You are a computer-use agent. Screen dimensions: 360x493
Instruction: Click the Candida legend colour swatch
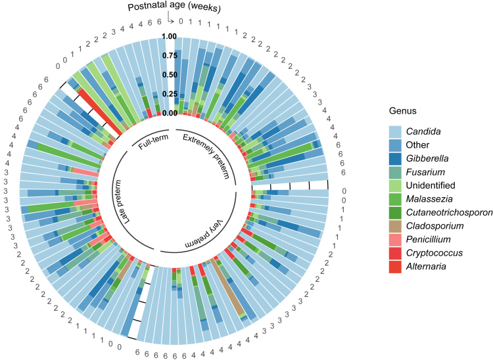pos(394,132)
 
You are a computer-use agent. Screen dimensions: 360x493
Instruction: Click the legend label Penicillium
pos(427,242)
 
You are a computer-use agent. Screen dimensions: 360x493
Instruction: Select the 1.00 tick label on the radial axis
pos(170,37)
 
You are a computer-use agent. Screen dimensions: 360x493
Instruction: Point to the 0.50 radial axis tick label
pos(170,75)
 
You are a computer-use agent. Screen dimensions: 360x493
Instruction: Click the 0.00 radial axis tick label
pos(170,113)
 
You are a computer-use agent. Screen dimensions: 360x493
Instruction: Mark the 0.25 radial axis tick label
pos(170,94)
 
